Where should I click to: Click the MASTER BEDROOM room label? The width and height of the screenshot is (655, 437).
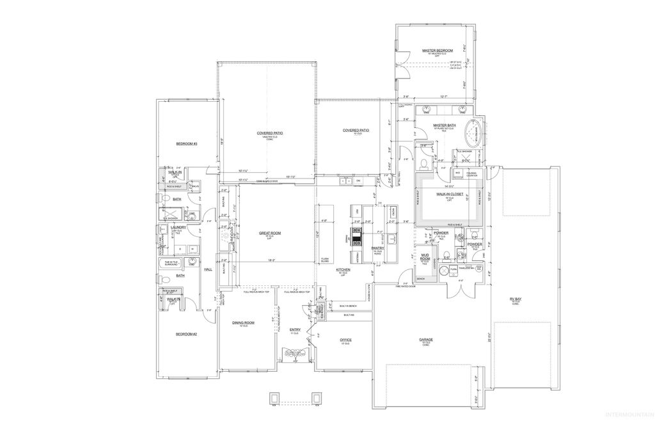pyautogui.click(x=438, y=50)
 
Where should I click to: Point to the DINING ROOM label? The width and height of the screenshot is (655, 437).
pyautogui.click(x=243, y=322)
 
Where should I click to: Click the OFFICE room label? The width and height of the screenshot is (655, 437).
pyautogui.click(x=346, y=340)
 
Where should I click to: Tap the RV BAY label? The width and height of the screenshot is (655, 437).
pyautogui.click(x=514, y=298)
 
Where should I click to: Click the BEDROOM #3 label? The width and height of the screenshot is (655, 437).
pyautogui.click(x=187, y=144)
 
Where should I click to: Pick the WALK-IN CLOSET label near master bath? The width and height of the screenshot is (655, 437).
pyautogui.click(x=450, y=193)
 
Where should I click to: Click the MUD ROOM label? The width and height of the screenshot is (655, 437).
pyautogui.click(x=425, y=257)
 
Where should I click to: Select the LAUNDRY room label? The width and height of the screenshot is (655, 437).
pyautogui.click(x=178, y=227)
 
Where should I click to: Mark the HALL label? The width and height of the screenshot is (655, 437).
pyautogui.click(x=208, y=270)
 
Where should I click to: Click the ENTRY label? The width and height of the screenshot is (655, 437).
pyautogui.click(x=295, y=330)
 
